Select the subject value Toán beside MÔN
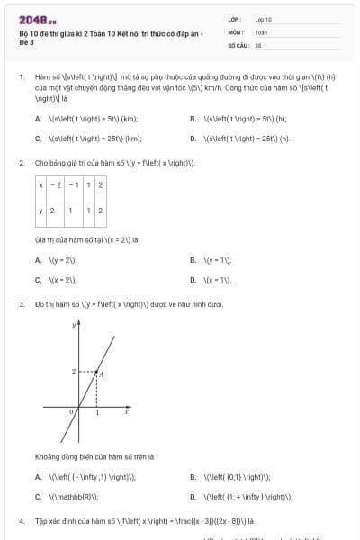pos(261,31)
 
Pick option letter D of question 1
pos(193,139)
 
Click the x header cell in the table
pos(41,184)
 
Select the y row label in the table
pos(41,210)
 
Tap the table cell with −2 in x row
pos(57,184)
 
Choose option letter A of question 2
pos(38,259)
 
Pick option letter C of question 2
pos(38,280)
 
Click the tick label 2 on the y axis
pos(73,371)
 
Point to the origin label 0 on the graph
pos(72,412)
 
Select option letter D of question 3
pos(193,496)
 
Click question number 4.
pos(21,520)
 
